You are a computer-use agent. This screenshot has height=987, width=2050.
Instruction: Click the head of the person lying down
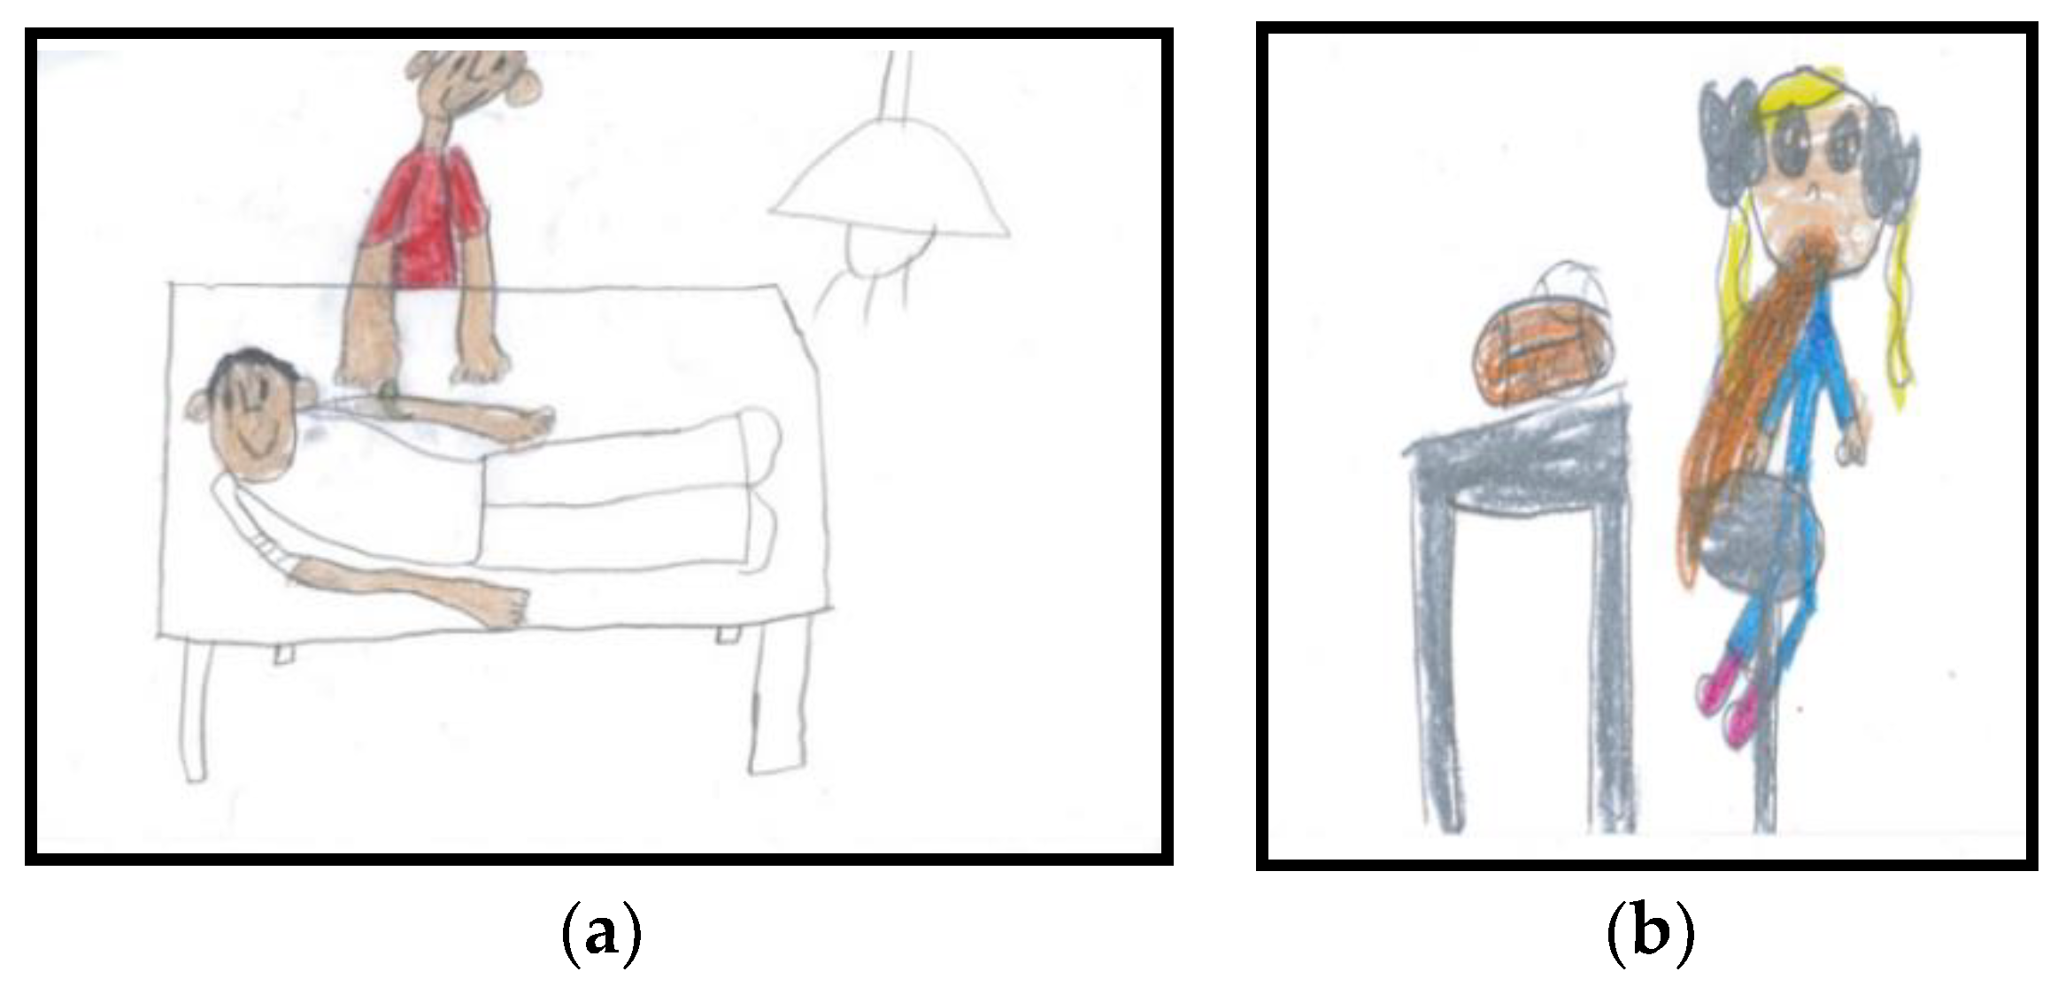coord(252,416)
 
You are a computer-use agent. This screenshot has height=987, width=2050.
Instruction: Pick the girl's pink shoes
coord(1726,704)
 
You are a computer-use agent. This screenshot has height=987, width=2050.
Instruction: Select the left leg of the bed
coord(197,708)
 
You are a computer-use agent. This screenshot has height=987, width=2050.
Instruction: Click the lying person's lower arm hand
coord(505,606)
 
